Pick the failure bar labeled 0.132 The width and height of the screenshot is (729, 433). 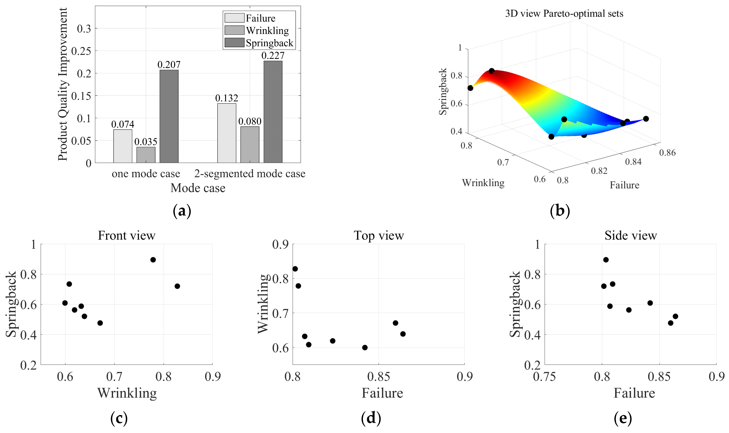coord(227,133)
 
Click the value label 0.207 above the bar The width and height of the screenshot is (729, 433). coord(169,64)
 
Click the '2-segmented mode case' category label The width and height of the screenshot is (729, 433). coord(250,174)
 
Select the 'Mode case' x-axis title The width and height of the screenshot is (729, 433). coord(198,188)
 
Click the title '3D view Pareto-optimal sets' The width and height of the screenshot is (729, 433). coord(564,13)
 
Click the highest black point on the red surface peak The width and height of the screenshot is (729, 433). coord(491,71)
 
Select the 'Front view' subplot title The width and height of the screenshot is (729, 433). coord(126,235)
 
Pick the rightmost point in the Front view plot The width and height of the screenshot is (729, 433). coord(177,286)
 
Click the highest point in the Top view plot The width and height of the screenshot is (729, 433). coord(295,269)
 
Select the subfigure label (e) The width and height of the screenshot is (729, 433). coord(623,418)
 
